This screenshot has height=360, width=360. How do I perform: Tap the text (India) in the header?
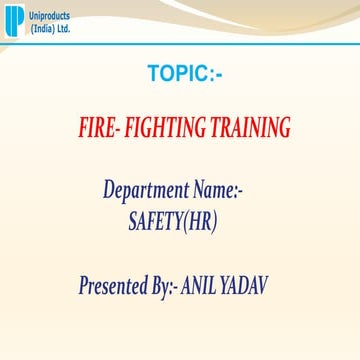(38, 28)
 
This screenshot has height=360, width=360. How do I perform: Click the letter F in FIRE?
(81, 128)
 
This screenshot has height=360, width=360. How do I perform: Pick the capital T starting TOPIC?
(153, 74)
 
